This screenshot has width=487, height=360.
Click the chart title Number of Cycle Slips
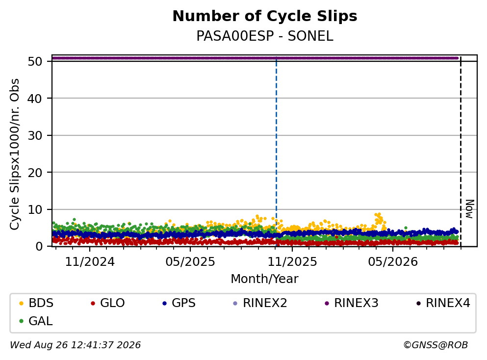[x=265, y=16]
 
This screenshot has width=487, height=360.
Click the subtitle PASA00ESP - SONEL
[x=265, y=36]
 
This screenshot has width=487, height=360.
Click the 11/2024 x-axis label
[x=90, y=262]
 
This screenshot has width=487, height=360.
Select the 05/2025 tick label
[x=190, y=262]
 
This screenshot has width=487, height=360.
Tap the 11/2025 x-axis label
[x=292, y=262]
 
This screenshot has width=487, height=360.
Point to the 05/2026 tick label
[x=393, y=262]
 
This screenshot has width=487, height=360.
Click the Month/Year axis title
[x=264, y=279]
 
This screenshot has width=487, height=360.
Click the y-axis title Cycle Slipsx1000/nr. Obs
[x=15, y=154]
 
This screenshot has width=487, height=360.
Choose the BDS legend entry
[x=36, y=303]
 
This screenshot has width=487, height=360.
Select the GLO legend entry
[x=107, y=303]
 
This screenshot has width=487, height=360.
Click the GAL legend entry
[x=36, y=321]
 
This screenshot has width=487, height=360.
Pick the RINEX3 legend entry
[x=351, y=303]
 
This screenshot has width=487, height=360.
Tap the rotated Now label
[x=470, y=209]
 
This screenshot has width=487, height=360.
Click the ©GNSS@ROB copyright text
[x=436, y=345]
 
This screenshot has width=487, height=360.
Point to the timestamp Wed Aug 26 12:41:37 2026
[x=76, y=345]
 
